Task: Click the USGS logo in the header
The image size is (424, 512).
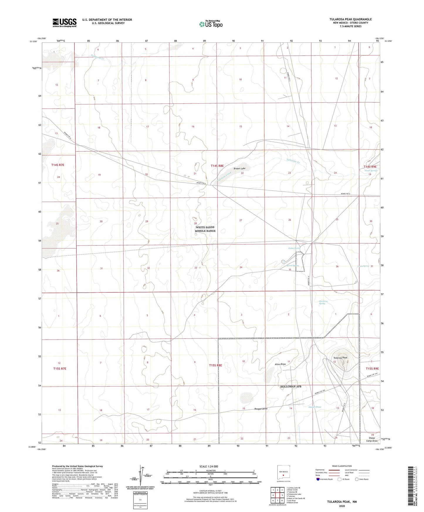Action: pos(65,23)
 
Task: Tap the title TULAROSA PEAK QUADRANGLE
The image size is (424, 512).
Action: pos(350,19)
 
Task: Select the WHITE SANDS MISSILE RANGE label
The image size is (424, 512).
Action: pos(205,229)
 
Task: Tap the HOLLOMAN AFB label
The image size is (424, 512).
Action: pos(291,386)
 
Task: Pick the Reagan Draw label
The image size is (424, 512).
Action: pos(261,408)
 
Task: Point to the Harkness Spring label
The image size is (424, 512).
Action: pos(323,302)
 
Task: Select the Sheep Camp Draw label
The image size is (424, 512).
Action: pos(372,439)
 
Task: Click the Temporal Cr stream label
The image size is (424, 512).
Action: pos(98,57)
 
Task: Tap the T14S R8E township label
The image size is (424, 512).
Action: pos(217,166)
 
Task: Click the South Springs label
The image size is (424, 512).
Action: pos(371,171)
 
